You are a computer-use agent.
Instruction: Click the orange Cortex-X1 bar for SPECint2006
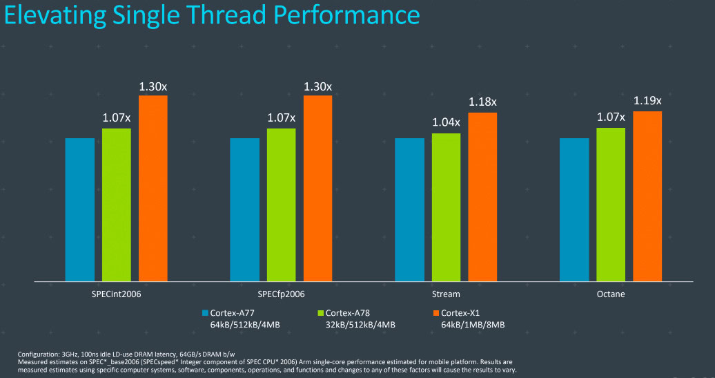pos(153,188)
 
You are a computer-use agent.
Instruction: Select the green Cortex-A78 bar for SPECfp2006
pos(281,205)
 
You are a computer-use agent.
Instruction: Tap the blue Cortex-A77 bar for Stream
pos(409,209)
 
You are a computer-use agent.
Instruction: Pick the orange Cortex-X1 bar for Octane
pos(647,196)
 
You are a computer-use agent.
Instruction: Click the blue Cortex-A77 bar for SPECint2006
pos(79,209)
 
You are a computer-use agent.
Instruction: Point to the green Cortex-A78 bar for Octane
pos(611,205)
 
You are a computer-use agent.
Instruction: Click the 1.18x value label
pos(482,102)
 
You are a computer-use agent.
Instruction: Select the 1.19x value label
pos(647,100)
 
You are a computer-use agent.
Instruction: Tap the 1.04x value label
pos(446,122)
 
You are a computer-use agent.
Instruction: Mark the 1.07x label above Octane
pos(611,117)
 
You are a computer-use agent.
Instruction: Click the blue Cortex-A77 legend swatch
pos(205,312)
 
